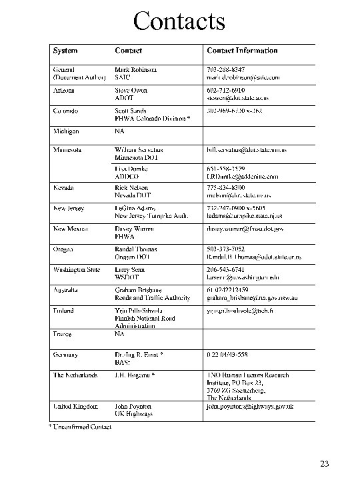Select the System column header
pos(65,51)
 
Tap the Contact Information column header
pos(242,51)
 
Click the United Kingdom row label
pos(75,405)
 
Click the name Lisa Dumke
pos(131,169)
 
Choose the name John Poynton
pos(133,405)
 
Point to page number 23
pos(324,464)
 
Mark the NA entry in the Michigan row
pos(119,131)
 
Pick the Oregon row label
pos(63,249)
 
